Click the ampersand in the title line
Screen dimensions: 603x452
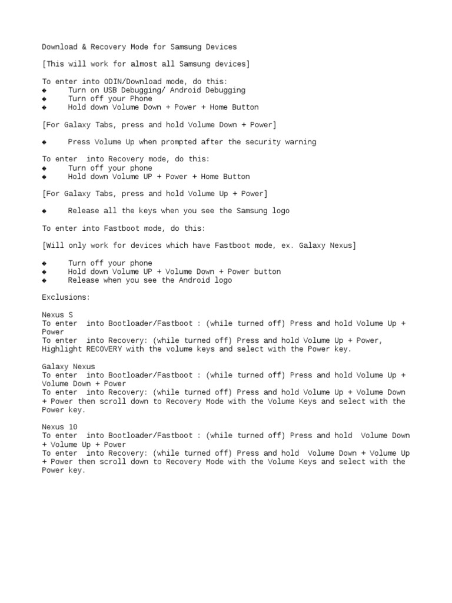point(84,47)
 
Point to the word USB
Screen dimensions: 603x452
point(110,90)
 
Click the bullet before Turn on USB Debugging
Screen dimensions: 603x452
point(44,90)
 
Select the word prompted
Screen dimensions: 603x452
point(177,142)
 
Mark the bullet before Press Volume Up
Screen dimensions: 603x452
point(44,142)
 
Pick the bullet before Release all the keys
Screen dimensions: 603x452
point(44,211)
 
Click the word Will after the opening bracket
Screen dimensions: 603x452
point(53,246)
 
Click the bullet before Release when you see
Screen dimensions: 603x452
point(44,280)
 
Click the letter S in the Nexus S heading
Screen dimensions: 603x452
point(71,314)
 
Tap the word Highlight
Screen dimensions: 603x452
point(62,349)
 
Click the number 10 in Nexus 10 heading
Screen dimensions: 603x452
point(73,427)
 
